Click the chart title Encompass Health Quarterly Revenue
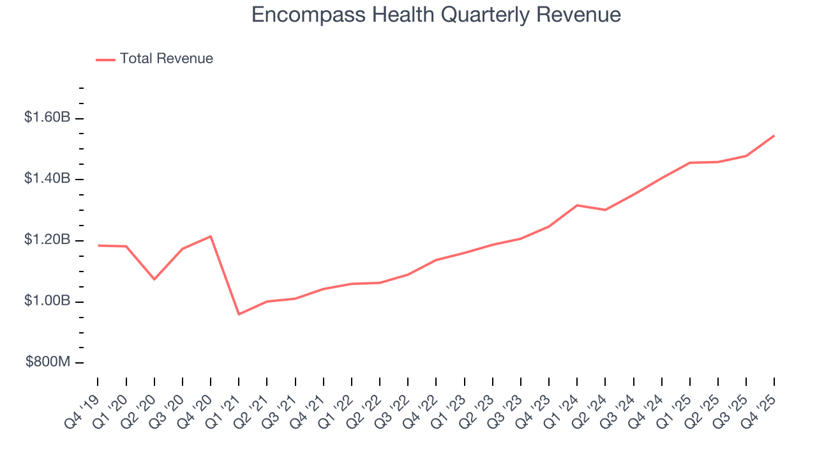coord(436,14)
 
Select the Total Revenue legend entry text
coord(166,59)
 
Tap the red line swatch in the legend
coord(105,59)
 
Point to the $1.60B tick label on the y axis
coord(47,118)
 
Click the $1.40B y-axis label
coord(47,178)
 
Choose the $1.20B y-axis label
coord(47,240)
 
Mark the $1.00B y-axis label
coord(47,301)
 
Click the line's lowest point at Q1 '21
coord(239,314)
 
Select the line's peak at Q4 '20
coord(211,236)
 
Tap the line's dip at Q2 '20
coord(154,279)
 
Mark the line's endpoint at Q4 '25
coord(774,135)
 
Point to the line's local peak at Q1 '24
coord(577,205)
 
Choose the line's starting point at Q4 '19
coord(98,245)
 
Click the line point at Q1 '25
coord(690,163)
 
